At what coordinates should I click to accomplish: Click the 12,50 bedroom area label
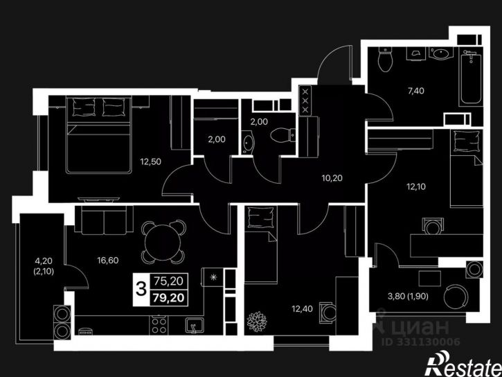click(150, 161)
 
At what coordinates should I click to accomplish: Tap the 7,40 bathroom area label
click(416, 91)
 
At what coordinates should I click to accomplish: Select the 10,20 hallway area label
click(332, 178)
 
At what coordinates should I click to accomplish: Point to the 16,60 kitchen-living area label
click(108, 261)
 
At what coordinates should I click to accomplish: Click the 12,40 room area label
click(302, 309)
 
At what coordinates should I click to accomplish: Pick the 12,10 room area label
click(416, 186)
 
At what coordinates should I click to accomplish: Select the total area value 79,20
click(169, 298)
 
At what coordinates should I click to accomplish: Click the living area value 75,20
click(169, 281)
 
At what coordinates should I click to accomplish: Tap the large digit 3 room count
click(141, 289)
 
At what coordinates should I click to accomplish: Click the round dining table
click(163, 241)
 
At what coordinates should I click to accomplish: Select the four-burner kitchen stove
click(159, 325)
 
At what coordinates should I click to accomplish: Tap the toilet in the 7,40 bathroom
click(385, 59)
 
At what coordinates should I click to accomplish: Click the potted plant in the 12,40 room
click(257, 322)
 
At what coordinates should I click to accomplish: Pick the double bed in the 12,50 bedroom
click(99, 135)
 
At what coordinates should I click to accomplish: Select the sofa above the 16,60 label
click(104, 220)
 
